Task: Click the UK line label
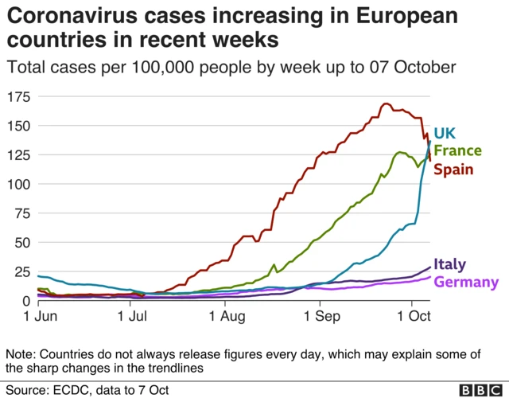click(445, 133)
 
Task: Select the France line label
click(457, 150)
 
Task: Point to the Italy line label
click(449, 264)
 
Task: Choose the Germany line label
click(466, 282)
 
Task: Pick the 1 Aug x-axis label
click(225, 317)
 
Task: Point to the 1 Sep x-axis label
click(320, 317)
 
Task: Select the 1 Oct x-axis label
click(411, 317)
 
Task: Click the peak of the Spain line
click(386, 103)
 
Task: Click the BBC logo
click(479, 389)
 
